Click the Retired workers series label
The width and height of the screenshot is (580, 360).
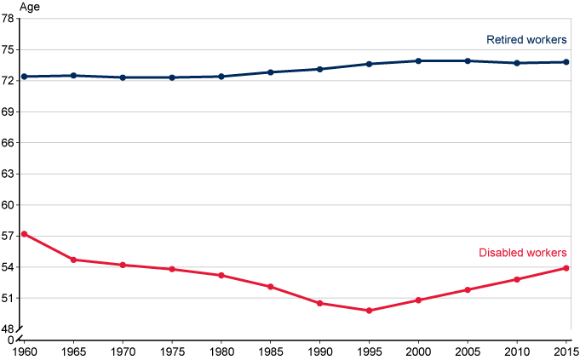(526, 40)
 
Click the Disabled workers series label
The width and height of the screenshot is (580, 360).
(522, 253)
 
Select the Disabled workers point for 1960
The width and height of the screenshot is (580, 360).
(25, 234)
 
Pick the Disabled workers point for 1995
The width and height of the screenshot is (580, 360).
(369, 311)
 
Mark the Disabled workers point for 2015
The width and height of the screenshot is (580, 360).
(566, 268)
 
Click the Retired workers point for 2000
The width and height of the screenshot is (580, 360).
(418, 61)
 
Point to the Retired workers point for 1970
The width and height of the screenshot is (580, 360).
(123, 77)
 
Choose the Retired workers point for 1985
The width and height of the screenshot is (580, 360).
(271, 72)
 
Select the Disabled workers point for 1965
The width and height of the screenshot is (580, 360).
(74, 260)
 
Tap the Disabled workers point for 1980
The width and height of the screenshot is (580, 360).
(221, 275)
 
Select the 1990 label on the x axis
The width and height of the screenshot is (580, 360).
(320, 351)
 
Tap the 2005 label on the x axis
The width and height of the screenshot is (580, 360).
(468, 351)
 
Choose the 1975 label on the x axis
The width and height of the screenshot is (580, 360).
(172, 351)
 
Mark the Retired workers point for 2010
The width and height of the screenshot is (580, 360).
(516, 63)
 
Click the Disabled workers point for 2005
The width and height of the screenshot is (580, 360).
(468, 289)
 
